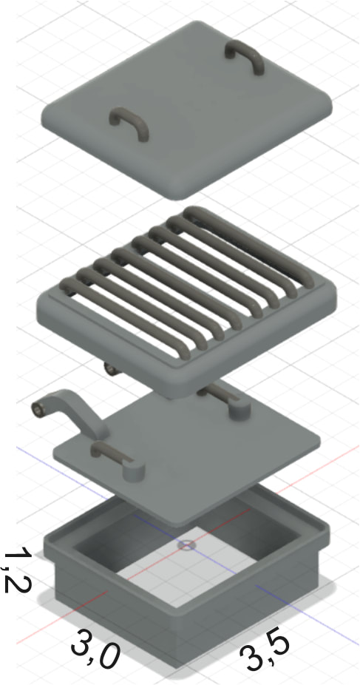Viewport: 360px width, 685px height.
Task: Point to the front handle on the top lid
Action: pos(129,123)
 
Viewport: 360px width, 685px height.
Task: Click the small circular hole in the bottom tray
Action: pos(187,545)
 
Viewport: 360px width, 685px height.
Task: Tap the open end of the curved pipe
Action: pos(38,409)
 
